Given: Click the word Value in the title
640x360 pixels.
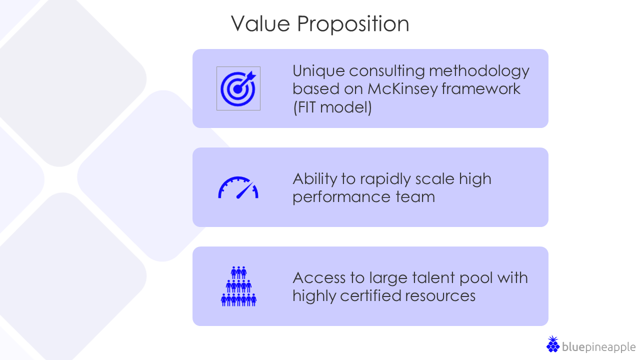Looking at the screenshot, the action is coord(260,23).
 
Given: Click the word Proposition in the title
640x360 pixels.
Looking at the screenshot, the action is coord(353,24).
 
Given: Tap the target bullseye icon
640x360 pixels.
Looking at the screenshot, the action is coord(238,88).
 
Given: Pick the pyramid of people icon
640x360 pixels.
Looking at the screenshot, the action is coord(238,286).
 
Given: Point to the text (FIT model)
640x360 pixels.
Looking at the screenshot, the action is coord(332,107).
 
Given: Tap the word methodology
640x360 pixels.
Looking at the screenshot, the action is coord(479,71).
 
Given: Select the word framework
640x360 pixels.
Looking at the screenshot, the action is coord(481,89).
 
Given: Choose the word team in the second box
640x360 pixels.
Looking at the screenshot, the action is coord(415,197).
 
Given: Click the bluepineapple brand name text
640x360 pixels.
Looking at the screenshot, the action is coord(598,347).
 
